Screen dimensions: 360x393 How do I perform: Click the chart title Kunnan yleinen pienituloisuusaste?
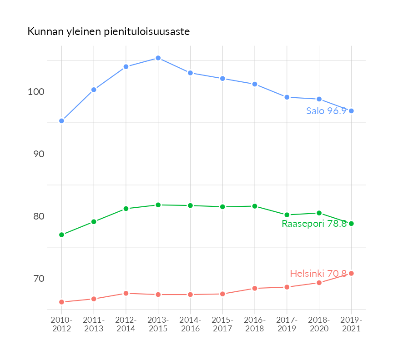pyautogui.click(x=108, y=32)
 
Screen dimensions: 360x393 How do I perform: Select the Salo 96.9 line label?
pyautogui.click(x=326, y=111)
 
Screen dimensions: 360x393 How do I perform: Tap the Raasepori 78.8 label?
pyautogui.click(x=314, y=224)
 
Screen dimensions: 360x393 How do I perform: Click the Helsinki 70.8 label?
pyautogui.click(x=318, y=274)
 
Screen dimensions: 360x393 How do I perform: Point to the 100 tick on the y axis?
pyautogui.click(x=35, y=92)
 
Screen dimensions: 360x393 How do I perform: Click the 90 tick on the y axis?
pyautogui.click(x=38, y=154)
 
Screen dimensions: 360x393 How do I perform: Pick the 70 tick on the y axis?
pyautogui.click(x=38, y=278)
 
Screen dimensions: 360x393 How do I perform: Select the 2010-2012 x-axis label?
pyautogui.click(x=61, y=325)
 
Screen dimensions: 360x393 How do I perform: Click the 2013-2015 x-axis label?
pyautogui.click(x=158, y=325)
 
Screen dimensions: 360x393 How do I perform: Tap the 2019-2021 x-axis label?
pyautogui.click(x=351, y=325)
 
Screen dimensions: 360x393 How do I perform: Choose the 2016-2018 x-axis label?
pyautogui.click(x=255, y=325)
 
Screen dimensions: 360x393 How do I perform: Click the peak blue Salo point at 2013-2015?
pyautogui.click(x=158, y=58)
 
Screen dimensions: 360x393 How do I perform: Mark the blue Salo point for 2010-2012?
pyautogui.click(x=61, y=121)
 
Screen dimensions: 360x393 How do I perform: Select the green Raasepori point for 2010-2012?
pyautogui.click(x=61, y=235)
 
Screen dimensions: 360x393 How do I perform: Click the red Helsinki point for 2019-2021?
pyautogui.click(x=351, y=273)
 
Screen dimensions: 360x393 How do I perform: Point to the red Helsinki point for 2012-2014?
pyautogui.click(x=126, y=294)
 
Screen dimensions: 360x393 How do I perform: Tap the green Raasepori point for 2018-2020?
pyautogui.click(x=319, y=213)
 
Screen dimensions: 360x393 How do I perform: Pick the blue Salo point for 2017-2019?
pyautogui.click(x=287, y=97)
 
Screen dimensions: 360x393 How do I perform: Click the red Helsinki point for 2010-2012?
pyautogui.click(x=61, y=302)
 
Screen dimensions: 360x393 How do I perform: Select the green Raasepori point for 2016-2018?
pyautogui.click(x=255, y=206)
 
